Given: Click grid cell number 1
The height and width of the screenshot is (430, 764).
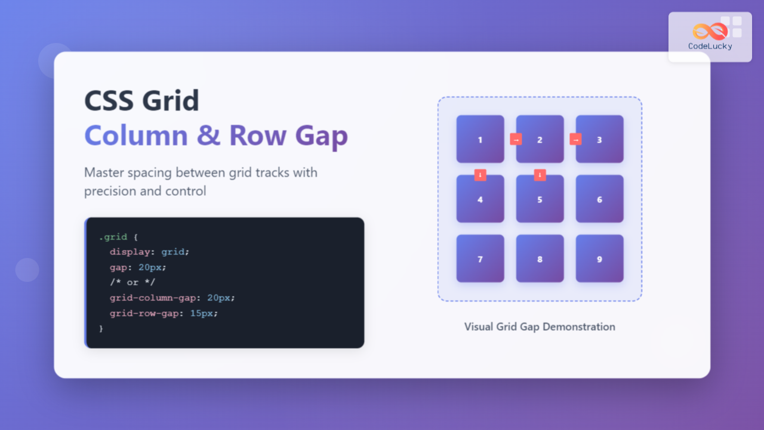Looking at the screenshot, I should (480, 139).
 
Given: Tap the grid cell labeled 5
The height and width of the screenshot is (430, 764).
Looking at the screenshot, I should (540, 199).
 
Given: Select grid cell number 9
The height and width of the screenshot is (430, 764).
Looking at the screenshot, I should (599, 259).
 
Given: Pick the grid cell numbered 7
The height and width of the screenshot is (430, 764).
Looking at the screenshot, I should (480, 259).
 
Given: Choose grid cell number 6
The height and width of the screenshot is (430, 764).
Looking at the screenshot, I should (599, 199).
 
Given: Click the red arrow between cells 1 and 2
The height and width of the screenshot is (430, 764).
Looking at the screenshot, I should (516, 139).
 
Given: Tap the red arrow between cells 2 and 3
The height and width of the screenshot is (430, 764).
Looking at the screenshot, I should (575, 139).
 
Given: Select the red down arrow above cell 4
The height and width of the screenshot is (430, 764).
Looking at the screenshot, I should (480, 175).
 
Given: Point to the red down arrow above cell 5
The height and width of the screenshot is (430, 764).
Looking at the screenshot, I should (540, 175).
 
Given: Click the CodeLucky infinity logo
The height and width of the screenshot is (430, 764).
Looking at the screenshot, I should (710, 31).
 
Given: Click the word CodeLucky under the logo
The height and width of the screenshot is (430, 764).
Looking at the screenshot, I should (710, 47).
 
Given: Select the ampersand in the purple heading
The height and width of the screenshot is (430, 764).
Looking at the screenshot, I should (208, 136).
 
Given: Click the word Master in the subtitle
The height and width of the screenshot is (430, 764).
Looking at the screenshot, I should (105, 173).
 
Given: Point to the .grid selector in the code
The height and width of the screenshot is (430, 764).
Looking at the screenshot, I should (112, 237).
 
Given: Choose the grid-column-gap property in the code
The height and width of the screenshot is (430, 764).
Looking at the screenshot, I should (153, 297).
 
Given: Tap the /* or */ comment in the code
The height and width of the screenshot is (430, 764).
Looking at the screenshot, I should (133, 282).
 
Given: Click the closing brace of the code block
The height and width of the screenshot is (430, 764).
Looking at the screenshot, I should (101, 328).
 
